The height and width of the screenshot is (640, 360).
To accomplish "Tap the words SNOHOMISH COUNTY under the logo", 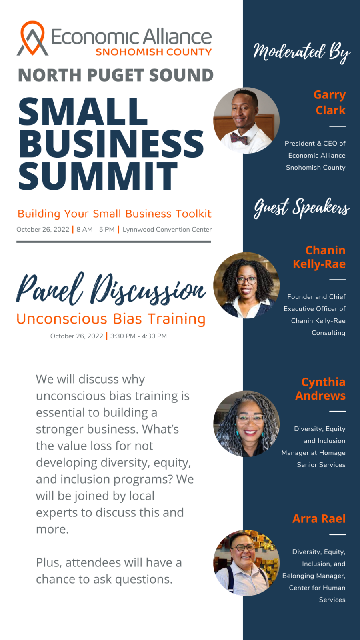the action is point(154,52).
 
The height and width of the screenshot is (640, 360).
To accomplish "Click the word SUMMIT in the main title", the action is point(98,176).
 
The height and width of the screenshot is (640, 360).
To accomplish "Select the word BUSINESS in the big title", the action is point(112,143).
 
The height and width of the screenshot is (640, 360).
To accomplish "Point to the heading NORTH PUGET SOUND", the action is point(116,75).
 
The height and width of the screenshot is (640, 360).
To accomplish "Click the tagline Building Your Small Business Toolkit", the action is point(114,214).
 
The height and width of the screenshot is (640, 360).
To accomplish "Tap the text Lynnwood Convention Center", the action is point(167,230).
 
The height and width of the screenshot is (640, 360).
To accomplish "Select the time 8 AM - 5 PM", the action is point(96,230).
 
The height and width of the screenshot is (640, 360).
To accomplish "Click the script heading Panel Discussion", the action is point(112,288).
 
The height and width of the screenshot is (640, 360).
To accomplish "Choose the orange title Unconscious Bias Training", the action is point(111,319).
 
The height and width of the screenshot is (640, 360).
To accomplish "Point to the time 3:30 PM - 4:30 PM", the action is point(138,336).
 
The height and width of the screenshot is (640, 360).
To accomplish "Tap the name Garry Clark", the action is point(330,102).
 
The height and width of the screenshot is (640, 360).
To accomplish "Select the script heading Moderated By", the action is point(302,52).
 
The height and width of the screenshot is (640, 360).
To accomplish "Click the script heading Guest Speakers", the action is point(302,208).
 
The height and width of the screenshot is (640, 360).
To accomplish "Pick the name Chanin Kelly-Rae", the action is point(320,257).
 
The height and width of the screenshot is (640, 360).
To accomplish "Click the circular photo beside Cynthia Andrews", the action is point(246,424).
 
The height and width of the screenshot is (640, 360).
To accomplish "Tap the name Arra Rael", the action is point(319,518).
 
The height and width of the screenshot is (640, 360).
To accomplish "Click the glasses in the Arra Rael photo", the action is point(243,548).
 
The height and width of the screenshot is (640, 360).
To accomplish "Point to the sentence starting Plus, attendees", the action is point(109,571).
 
